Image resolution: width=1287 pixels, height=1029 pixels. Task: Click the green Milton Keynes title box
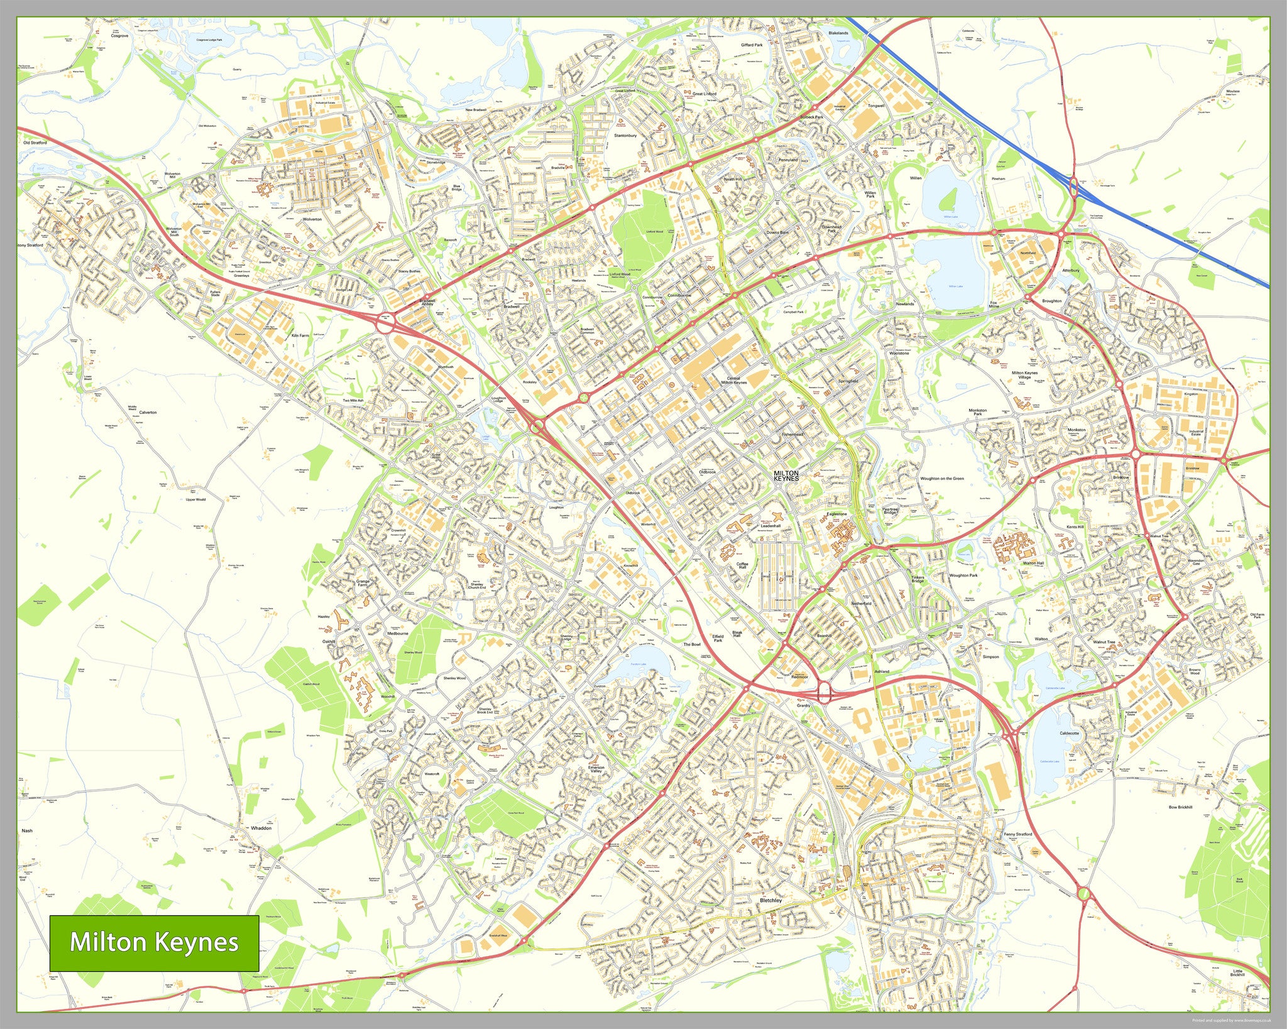(154, 943)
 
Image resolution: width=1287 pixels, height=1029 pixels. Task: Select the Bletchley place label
(770, 900)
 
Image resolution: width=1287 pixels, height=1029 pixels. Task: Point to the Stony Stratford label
(30, 245)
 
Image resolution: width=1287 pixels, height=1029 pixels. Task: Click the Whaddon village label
(261, 828)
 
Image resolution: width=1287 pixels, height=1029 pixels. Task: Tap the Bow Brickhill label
(1180, 807)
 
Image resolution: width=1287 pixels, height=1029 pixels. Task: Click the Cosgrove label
(119, 36)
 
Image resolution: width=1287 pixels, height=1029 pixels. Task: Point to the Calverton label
(148, 413)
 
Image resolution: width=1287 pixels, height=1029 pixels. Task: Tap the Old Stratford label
(35, 143)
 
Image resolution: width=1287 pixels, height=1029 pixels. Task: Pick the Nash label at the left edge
(26, 830)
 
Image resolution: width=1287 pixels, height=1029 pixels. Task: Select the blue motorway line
(1005, 138)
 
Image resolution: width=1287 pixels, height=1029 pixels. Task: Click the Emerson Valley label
(596, 769)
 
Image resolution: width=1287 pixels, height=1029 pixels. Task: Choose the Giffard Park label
(751, 45)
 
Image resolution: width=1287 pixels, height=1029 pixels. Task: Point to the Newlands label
(905, 303)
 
